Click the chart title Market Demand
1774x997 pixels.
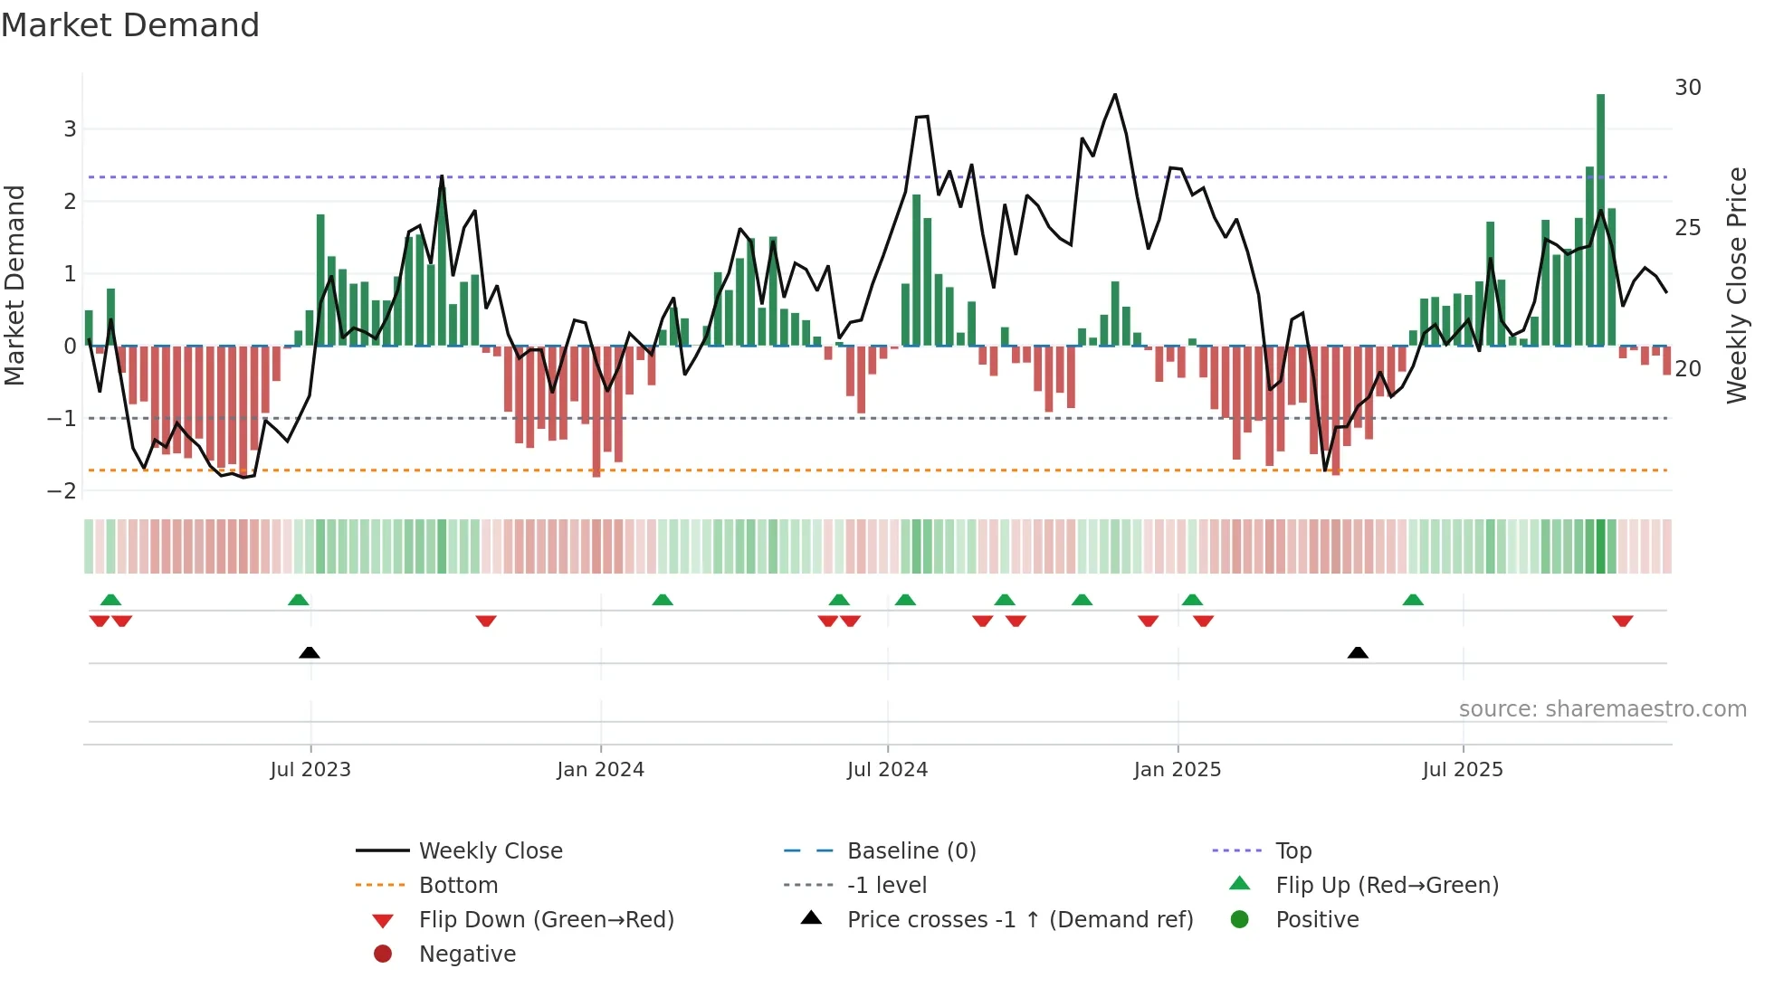(130, 25)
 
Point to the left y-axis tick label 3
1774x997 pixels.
(70, 128)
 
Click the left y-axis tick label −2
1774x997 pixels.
(62, 490)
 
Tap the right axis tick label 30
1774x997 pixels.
(1687, 88)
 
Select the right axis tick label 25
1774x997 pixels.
(1687, 228)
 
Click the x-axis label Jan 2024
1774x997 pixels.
(600, 770)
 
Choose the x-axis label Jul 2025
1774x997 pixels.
(1462, 770)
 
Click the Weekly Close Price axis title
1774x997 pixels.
(1736, 285)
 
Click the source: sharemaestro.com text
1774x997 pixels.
(1602, 709)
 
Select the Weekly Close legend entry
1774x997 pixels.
(490, 851)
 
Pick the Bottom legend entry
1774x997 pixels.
(458, 886)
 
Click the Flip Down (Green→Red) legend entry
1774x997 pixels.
(546, 920)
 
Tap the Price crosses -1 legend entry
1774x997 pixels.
(1019, 920)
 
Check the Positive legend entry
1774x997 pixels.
(1316, 920)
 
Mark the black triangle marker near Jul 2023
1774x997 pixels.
(310, 652)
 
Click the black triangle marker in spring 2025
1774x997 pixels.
(1358, 652)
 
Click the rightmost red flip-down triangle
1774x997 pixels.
(1622, 621)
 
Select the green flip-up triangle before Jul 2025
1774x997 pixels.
(1413, 600)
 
